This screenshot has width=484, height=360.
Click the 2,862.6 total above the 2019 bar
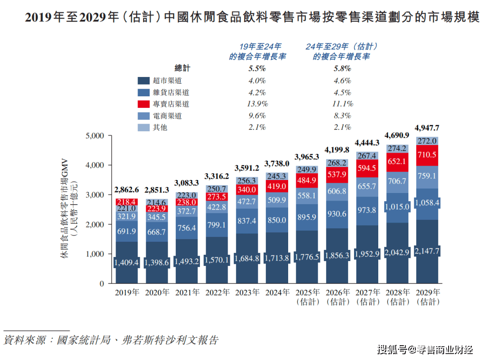[127, 190]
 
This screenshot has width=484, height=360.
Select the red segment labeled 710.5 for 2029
[427, 155]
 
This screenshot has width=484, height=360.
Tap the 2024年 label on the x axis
[277, 292]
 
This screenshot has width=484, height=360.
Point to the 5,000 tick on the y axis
[94, 136]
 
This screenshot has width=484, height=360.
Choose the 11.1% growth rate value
[343, 104]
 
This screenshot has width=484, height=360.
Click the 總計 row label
[182, 69]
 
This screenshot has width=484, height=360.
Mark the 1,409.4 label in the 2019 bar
[127, 261]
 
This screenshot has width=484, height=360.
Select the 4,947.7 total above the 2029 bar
[427, 128]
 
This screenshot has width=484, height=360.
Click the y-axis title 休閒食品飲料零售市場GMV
[64, 209]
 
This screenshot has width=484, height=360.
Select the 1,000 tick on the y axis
[94, 254]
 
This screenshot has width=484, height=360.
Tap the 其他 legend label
[160, 127]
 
